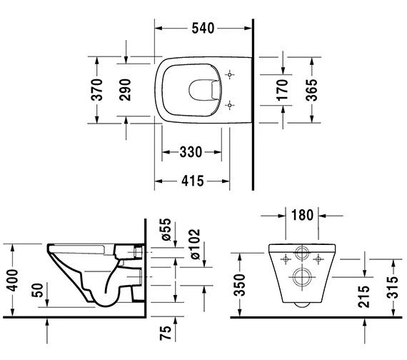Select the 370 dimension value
click(x=100, y=89)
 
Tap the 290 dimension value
click(x=126, y=89)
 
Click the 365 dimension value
click(x=312, y=89)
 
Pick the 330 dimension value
click(x=189, y=151)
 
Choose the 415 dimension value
click(x=189, y=181)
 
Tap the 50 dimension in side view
click(x=47, y=291)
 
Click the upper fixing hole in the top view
click(x=230, y=74)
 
